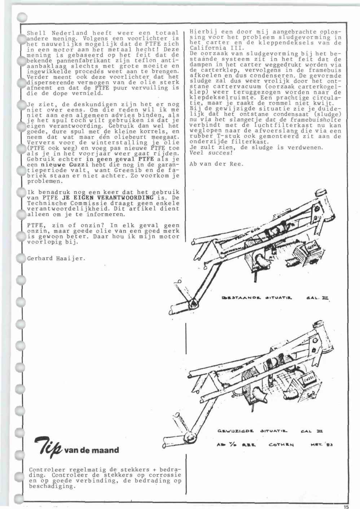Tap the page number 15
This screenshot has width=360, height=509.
click(x=346, y=506)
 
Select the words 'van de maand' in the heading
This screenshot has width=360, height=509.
click(x=91, y=450)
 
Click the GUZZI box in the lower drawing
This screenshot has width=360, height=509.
click(x=311, y=379)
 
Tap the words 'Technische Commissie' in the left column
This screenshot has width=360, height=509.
click(x=58, y=203)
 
